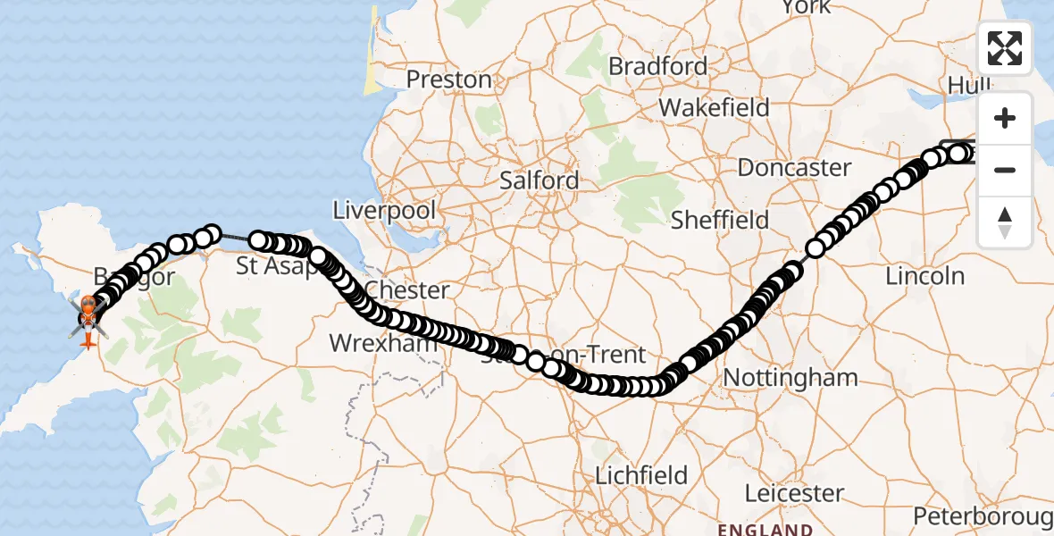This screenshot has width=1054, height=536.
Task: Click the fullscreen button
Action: coord(1005,47)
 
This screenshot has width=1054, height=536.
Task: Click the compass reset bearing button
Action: coord(1005,222)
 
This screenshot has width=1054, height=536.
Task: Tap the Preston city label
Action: coord(448,80)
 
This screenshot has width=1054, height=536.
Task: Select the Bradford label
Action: coord(657,66)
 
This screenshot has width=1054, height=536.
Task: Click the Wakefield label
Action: coord(714,108)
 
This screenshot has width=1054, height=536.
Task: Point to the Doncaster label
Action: coord(794,167)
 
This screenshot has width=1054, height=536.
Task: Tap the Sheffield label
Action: coord(720,220)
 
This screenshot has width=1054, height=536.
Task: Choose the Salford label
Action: coord(539,180)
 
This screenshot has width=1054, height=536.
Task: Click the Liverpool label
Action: coord(384,212)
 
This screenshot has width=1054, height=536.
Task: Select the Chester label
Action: coord(407,290)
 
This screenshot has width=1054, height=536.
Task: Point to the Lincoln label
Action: coord(924,276)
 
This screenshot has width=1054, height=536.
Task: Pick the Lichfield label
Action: coord(642,474)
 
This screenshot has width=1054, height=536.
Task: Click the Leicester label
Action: coord(795,493)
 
